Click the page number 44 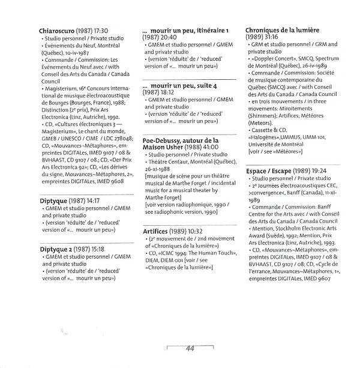click(x=191, y=349)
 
